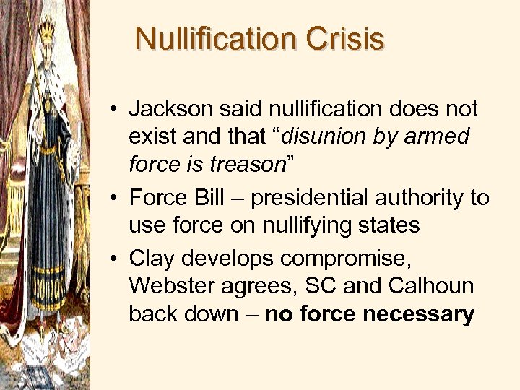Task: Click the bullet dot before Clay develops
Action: [116, 259]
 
